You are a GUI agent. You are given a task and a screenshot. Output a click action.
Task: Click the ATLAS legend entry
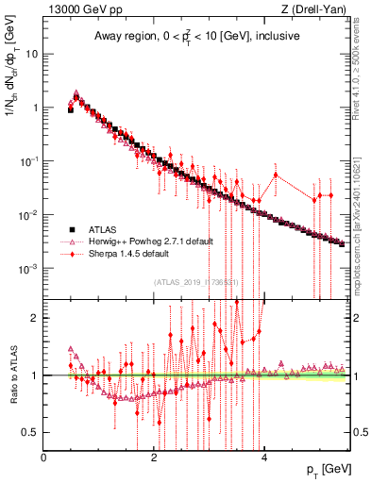pos(105,229)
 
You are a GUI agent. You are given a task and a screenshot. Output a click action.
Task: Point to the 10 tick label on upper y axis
pos(30,53)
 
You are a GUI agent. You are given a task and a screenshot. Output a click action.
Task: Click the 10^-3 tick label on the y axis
pos(26,268)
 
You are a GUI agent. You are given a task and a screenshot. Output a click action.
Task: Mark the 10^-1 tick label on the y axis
pos(26,160)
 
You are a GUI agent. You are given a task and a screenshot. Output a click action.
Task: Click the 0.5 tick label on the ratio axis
pos(30,432)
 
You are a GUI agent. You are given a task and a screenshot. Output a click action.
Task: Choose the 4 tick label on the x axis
pos(264,457)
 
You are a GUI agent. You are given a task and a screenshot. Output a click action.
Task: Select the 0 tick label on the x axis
pos(43,457)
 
